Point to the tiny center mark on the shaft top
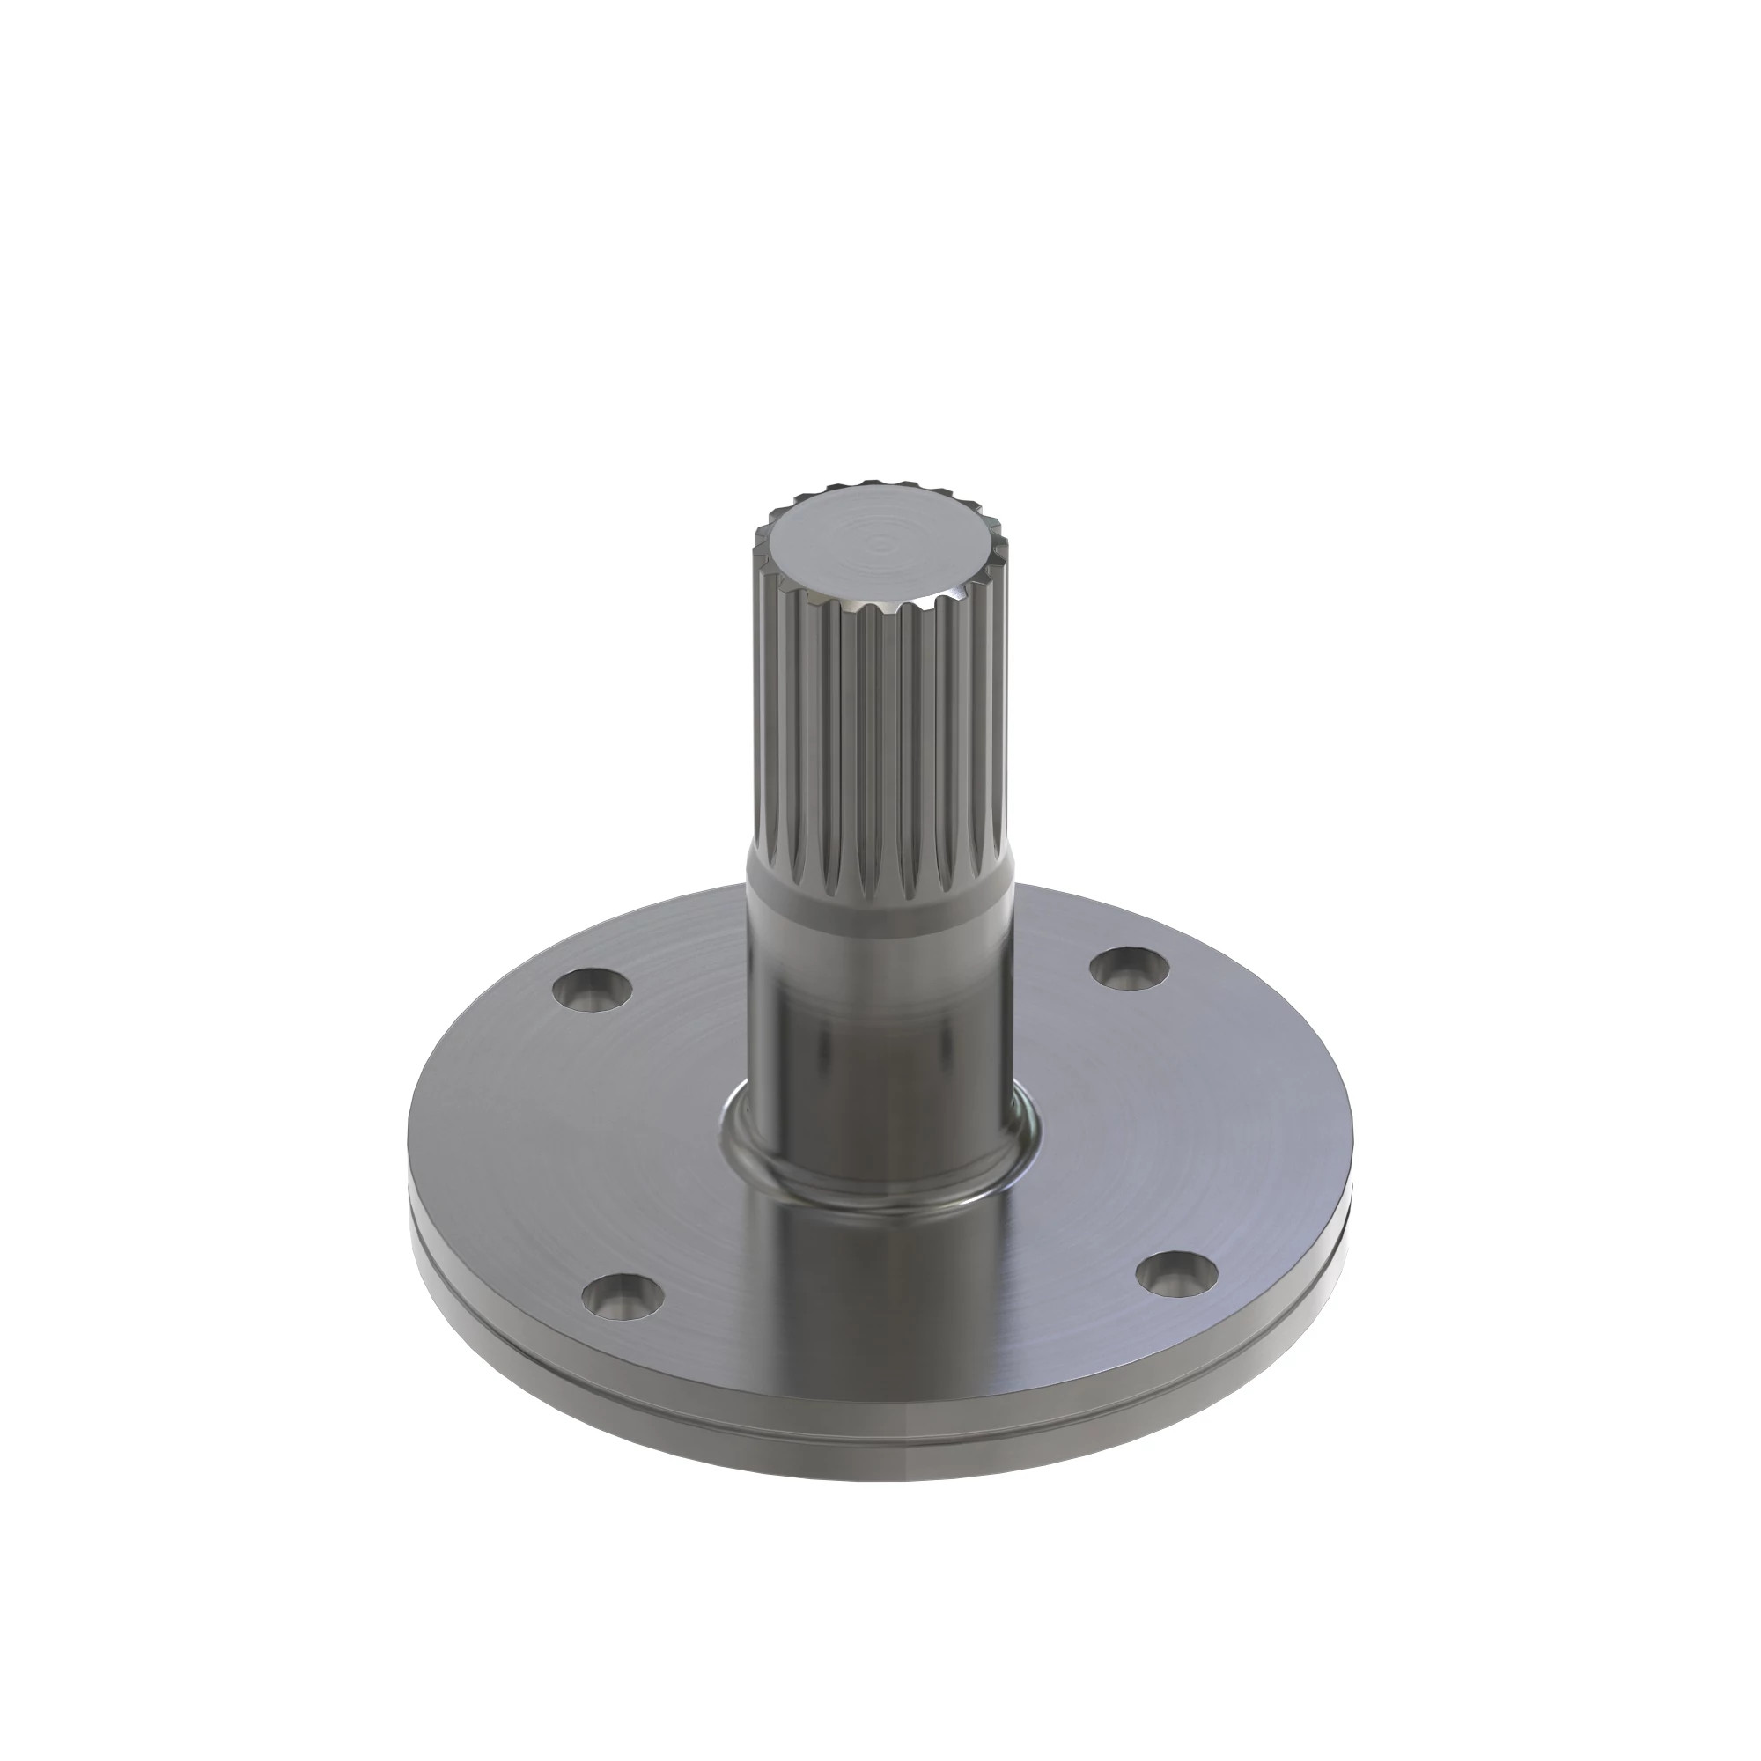[879, 545]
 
